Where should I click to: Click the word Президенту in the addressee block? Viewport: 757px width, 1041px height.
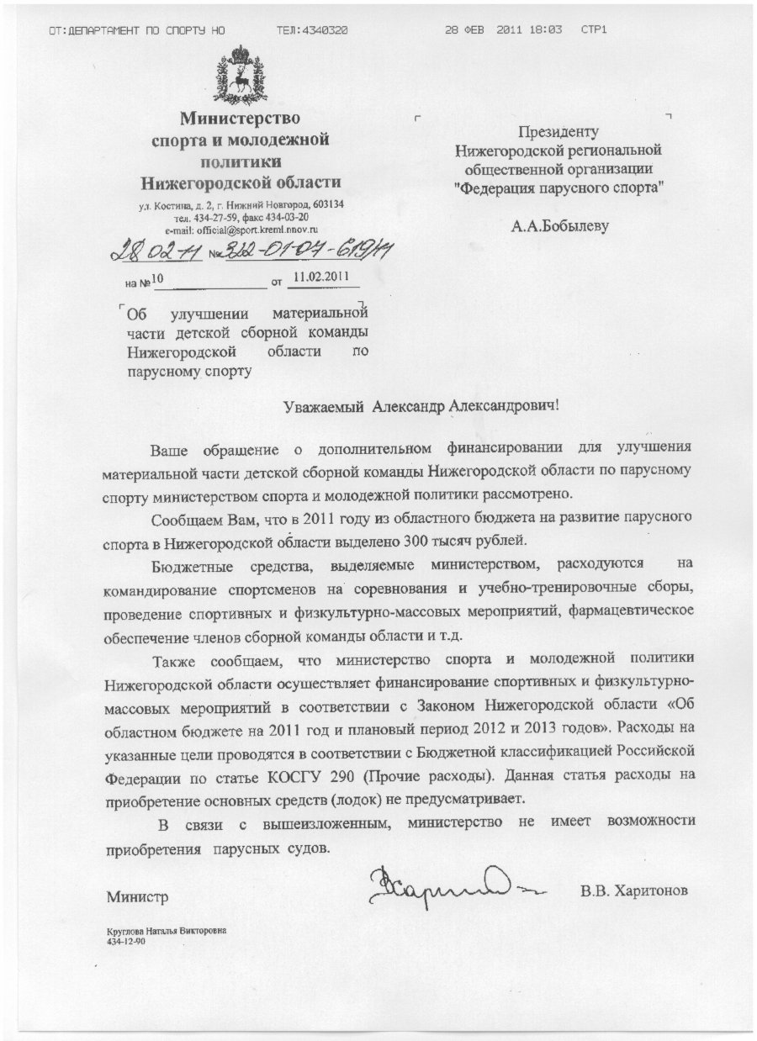click(x=558, y=132)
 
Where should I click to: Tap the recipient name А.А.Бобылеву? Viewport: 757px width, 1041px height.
click(x=558, y=225)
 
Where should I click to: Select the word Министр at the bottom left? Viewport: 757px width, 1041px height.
click(x=137, y=897)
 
